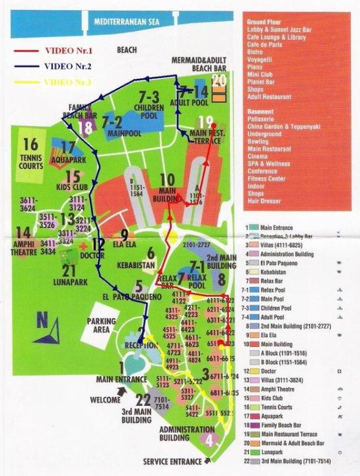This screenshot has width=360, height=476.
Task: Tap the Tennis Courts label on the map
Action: tap(30, 163)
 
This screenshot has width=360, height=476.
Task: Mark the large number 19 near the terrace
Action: tap(205, 122)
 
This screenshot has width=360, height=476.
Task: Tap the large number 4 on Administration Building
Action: tap(210, 438)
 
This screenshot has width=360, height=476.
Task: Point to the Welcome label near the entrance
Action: tap(105, 400)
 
